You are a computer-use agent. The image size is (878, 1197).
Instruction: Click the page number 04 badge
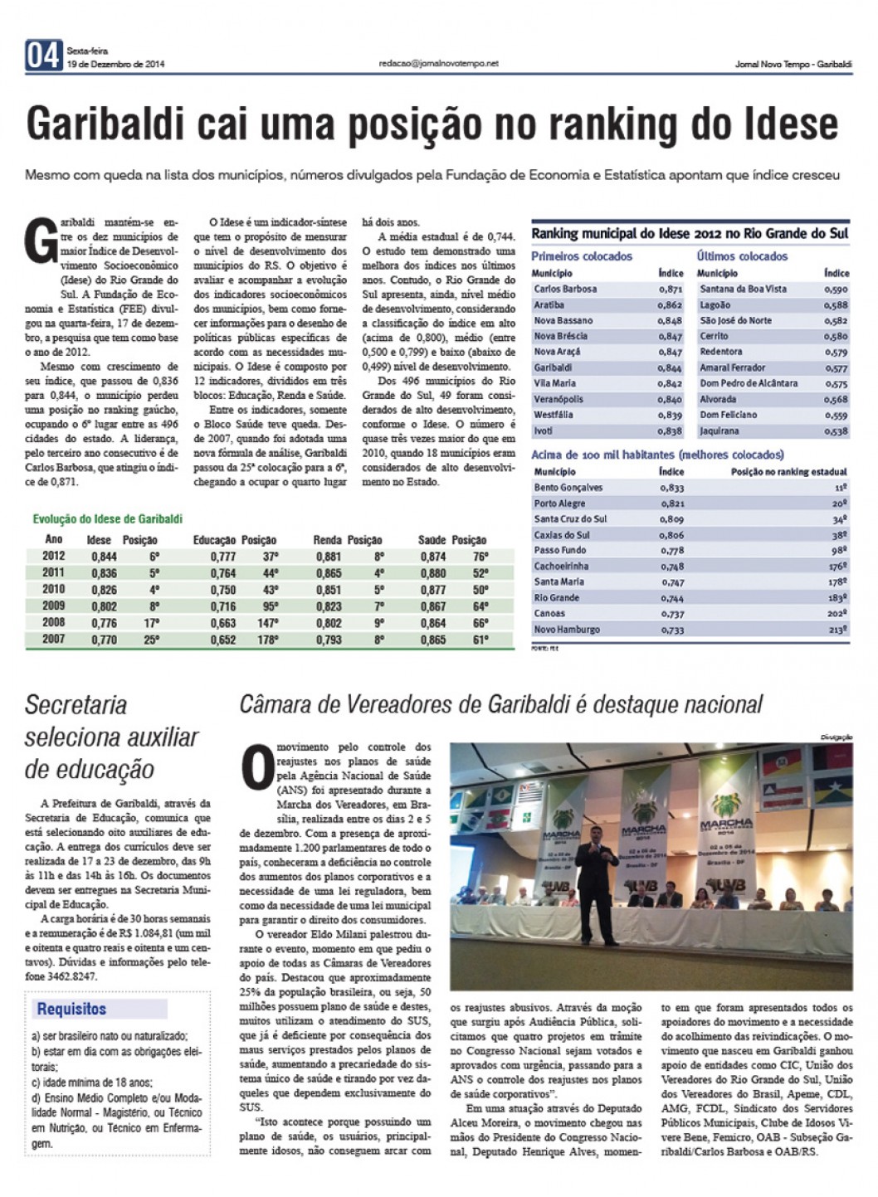point(44,56)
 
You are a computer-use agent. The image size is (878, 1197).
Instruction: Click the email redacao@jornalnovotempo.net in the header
point(438,63)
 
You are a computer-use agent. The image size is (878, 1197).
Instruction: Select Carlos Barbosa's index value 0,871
point(670,290)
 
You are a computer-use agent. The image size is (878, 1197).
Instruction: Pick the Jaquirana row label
point(719,431)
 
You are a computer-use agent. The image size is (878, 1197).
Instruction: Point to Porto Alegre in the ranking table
point(559,504)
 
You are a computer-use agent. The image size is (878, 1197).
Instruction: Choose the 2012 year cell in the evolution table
point(54,557)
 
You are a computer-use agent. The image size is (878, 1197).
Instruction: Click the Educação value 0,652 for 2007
point(222,640)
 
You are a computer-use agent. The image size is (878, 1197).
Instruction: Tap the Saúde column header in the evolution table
point(432,540)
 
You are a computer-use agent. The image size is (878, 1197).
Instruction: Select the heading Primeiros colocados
point(582,256)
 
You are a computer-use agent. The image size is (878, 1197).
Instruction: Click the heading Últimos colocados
point(742,256)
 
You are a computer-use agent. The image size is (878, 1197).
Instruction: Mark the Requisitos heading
point(71,1010)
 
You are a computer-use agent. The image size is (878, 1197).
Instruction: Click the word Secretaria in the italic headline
point(76,705)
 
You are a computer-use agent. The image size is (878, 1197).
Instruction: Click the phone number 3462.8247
point(73,977)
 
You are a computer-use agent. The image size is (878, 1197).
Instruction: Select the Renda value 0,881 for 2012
point(329,557)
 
